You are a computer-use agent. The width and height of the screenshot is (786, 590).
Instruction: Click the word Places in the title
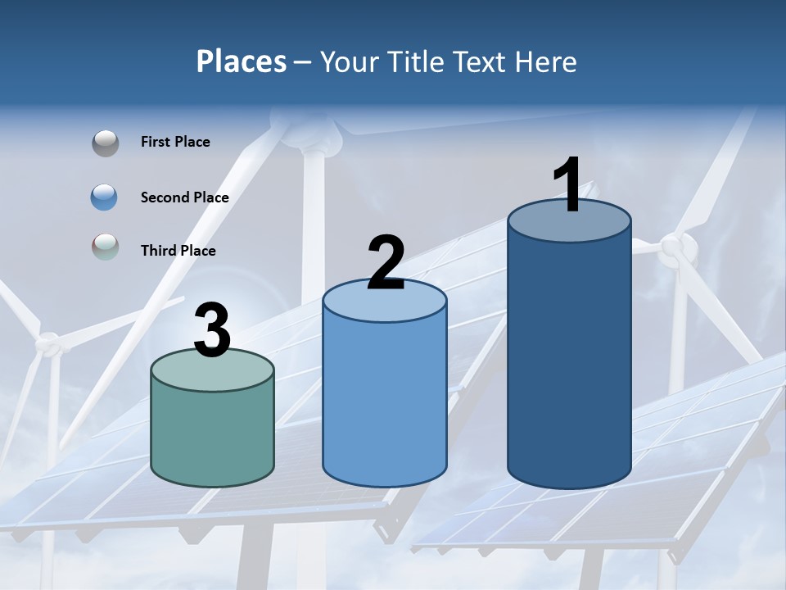(241, 61)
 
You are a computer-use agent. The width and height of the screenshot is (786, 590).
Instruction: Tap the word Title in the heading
(417, 61)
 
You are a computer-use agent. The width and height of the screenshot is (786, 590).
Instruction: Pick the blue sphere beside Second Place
(105, 197)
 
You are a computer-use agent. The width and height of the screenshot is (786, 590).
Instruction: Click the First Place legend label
(175, 142)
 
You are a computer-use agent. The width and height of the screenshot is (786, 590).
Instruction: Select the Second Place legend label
(184, 197)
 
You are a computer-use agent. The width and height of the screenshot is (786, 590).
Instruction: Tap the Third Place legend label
(178, 251)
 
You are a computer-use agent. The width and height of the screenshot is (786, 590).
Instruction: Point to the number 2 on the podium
(386, 263)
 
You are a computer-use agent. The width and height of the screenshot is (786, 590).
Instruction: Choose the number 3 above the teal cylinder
(213, 330)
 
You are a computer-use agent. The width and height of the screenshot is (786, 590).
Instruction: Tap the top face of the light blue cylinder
(385, 302)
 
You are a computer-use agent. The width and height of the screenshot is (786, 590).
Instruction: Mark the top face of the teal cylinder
(213, 370)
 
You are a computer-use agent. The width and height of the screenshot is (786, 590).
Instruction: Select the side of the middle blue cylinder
(385, 402)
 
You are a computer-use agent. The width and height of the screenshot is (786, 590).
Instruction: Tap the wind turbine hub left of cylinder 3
(49, 343)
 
